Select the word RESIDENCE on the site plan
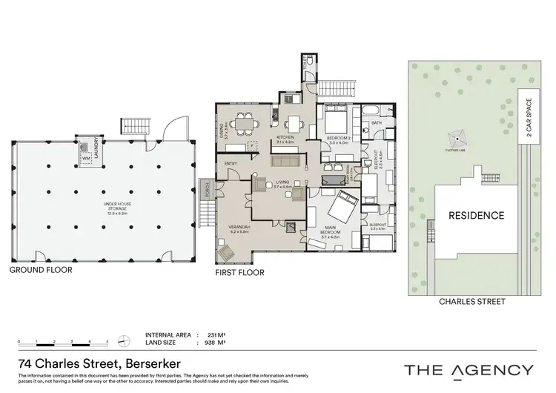476,216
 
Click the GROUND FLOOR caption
40,271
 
